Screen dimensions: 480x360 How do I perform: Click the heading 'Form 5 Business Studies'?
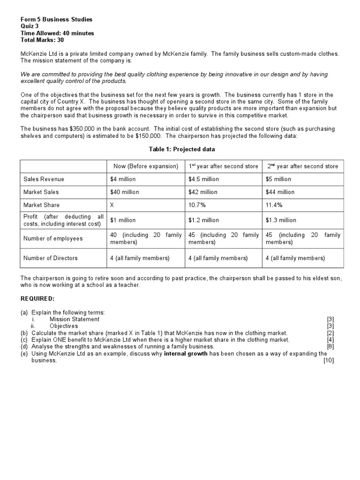(x=56, y=19)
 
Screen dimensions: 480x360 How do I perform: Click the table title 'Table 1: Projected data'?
(x=182, y=149)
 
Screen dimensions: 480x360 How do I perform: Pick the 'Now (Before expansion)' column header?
(x=146, y=166)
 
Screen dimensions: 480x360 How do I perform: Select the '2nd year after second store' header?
(x=302, y=166)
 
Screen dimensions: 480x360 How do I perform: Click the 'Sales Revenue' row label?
(x=44, y=179)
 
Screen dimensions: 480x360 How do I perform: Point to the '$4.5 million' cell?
(x=203, y=179)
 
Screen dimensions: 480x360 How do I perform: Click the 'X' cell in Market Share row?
(x=112, y=205)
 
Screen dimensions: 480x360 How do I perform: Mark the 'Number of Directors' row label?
(x=51, y=258)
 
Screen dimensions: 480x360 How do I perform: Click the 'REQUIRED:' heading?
(x=37, y=298)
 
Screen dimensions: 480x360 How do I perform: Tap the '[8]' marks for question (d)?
(x=330, y=346)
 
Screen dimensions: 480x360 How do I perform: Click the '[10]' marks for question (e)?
(x=328, y=360)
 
